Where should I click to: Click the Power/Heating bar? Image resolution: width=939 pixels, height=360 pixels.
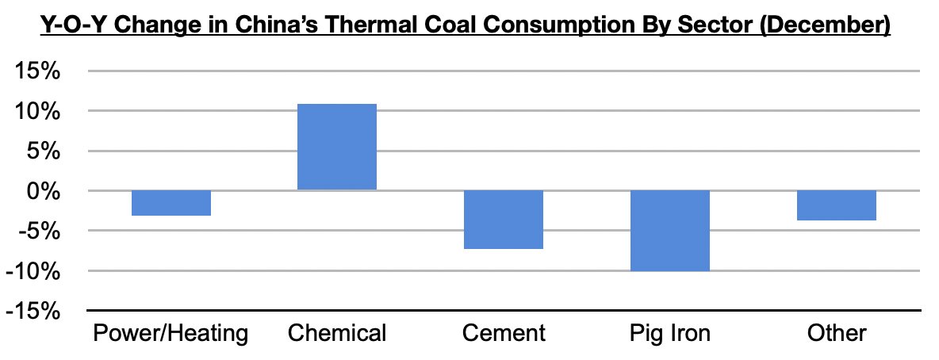(x=171, y=203)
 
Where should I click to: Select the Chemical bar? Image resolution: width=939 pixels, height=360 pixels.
(x=337, y=147)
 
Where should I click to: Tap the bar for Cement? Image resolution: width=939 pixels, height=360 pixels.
(x=504, y=220)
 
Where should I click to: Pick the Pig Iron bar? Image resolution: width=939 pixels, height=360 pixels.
(x=670, y=231)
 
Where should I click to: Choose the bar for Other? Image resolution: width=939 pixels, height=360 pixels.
(x=837, y=205)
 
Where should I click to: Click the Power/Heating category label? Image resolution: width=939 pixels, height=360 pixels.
(x=171, y=332)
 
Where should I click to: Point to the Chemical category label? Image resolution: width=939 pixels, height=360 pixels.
(x=337, y=332)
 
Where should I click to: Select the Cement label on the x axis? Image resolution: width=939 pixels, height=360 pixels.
(x=504, y=332)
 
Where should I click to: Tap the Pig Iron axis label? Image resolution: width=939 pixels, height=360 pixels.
(x=670, y=332)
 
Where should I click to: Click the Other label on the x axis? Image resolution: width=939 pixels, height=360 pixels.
(x=837, y=332)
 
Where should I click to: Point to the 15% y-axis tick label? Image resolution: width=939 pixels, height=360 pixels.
(x=37, y=72)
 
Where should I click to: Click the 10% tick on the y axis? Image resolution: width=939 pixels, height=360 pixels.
(x=37, y=112)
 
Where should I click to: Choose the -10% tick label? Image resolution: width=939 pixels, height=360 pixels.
(x=33, y=271)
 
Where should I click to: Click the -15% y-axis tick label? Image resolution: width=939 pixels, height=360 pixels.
(x=33, y=311)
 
